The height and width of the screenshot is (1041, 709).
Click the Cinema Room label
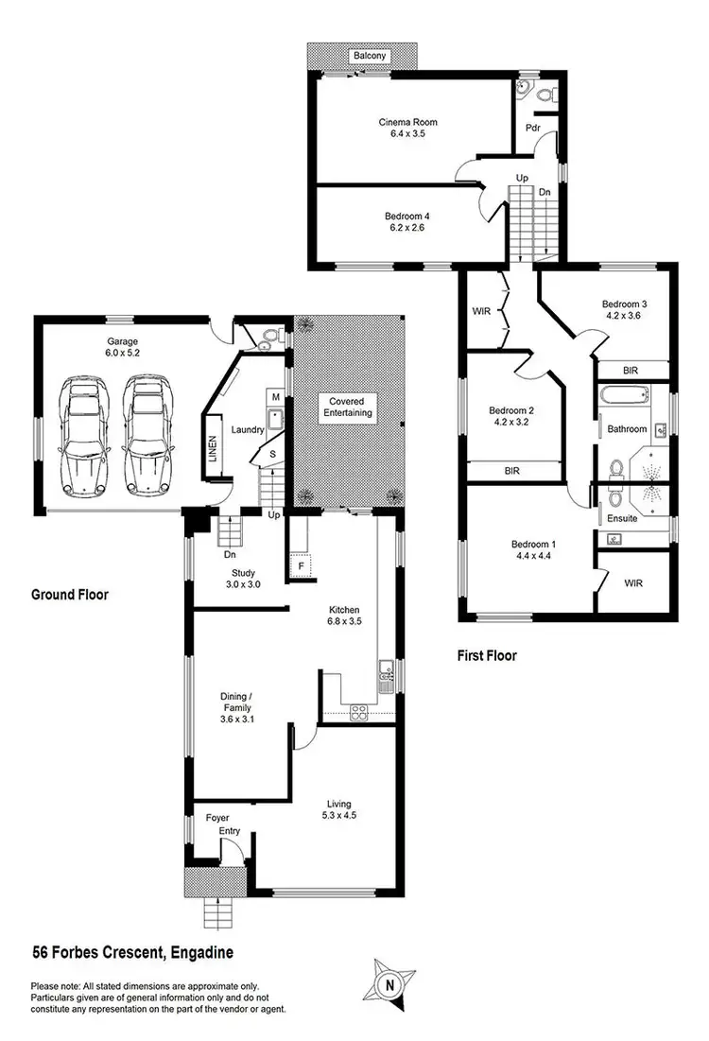click(407, 122)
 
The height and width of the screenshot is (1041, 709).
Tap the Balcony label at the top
click(370, 57)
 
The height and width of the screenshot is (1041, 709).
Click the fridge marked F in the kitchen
click(301, 566)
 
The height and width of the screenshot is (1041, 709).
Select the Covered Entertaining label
click(346, 408)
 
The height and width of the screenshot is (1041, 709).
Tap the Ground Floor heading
click(69, 596)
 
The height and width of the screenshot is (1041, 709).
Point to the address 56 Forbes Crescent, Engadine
click(133, 952)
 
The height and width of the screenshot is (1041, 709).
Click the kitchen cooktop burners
click(358, 712)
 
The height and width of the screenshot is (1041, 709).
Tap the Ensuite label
click(624, 518)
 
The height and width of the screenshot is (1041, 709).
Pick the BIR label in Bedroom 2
click(512, 470)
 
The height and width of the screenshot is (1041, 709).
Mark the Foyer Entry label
click(217, 824)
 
